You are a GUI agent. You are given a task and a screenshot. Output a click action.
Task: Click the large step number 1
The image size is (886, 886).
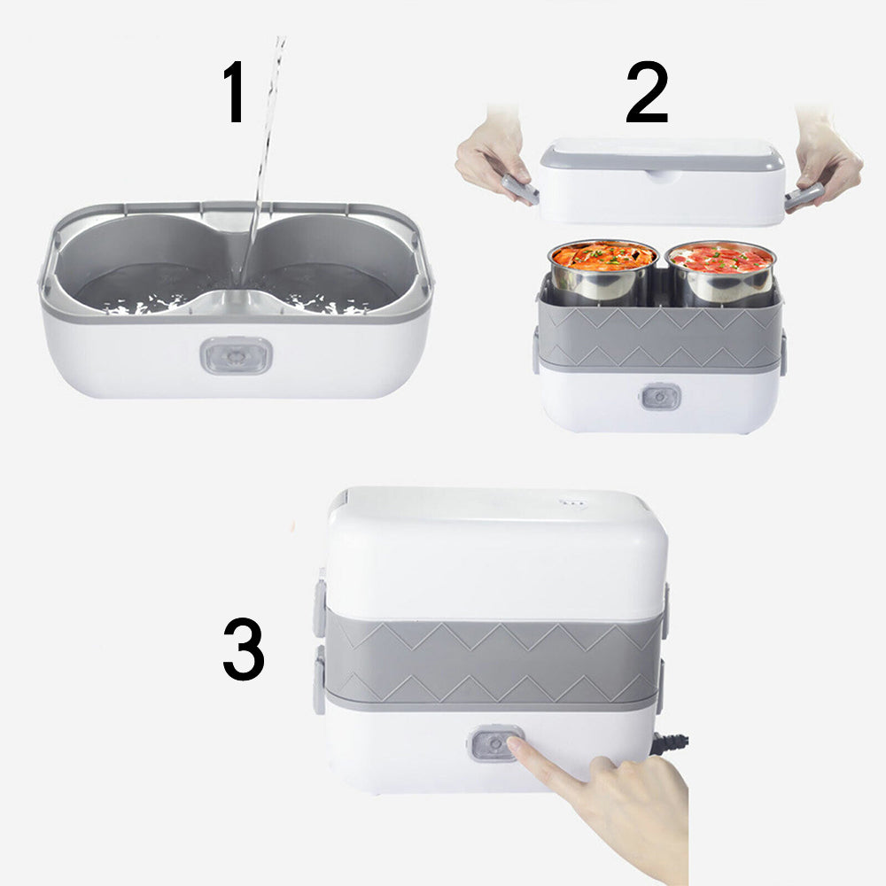(x=234, y=91)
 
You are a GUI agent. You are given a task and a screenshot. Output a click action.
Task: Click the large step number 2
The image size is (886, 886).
(x=647, y=92)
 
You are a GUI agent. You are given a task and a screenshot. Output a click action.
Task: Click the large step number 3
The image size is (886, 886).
(x=244, y=649)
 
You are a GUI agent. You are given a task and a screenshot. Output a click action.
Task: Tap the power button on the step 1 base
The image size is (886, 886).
(x=237, y=356)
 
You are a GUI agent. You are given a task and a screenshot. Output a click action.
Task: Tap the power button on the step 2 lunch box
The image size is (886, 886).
(x=660, y=397)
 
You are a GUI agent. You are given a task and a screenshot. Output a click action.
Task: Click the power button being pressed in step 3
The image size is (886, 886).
(x=494, y=744)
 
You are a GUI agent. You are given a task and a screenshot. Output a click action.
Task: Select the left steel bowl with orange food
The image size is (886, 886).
(x=603, y=269)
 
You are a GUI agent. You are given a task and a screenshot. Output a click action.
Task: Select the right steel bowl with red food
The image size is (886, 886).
(x=720, y=272)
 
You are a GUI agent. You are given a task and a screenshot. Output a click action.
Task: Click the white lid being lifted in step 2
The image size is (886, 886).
(x=662, y=181)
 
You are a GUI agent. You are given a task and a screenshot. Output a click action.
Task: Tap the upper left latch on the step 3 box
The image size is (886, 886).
(x=320, y=608)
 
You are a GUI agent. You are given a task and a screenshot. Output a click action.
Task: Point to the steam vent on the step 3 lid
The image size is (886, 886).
(x=568, y=501)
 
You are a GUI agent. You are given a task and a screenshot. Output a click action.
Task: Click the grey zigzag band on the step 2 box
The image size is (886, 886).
(x=660, y=337)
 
